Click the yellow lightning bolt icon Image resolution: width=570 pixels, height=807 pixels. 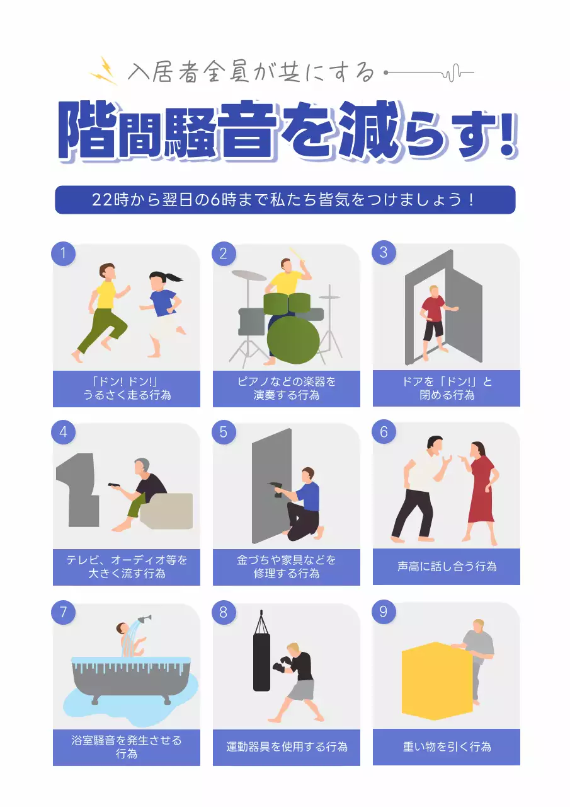point(104,71)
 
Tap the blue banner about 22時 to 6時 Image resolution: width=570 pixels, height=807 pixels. point(285,200)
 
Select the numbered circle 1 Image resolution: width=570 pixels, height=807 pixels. point(63,253)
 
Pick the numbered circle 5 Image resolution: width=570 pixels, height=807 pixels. point(224,433)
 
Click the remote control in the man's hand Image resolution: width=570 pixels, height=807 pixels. point(115,485)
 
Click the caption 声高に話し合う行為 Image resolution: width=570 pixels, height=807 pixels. point(447,567)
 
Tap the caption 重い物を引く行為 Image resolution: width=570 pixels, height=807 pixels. point(447,747)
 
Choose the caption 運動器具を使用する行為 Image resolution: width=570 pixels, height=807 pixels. point(287,747)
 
